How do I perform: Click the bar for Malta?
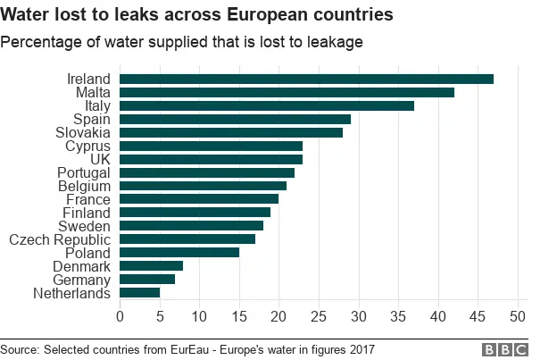click(x=287, y=92)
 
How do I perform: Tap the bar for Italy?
click(x=267, y=105)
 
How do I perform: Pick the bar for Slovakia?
click(x=231, y=132)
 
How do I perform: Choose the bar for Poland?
click(x=179, y=253)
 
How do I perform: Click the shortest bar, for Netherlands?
click(x=139, y=293)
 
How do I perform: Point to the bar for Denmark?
click(x=152, y=266)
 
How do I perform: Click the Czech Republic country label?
click(x=60, y=239)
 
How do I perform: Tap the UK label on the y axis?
click(x=98, y=159)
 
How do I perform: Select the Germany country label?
click(x=81, y=280)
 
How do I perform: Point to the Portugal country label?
click(x=83, y=172)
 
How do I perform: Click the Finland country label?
click(x=87, y=213)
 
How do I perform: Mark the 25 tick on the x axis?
click(x=319, y=315)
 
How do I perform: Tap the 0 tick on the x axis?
click(x=121, y=315)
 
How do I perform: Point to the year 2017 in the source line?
click(x=359, y=348)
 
